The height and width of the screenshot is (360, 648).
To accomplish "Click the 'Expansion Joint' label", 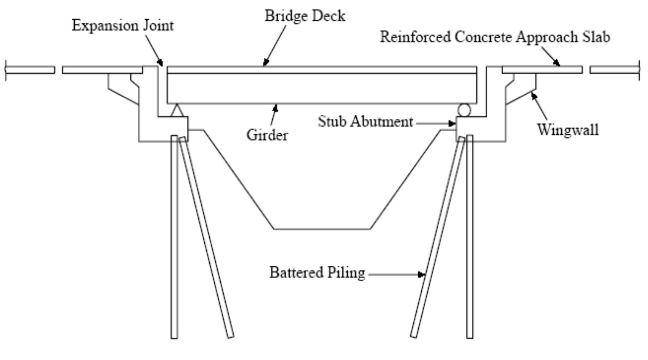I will point(123,26).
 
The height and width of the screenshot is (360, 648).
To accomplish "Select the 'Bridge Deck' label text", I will point(305,16).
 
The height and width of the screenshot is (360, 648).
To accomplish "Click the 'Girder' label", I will point(267,135).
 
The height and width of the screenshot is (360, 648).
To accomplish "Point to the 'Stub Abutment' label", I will point(365,122).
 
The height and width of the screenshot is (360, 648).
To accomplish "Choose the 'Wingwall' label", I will point(568,130).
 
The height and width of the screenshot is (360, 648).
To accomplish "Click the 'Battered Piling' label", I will point(317,272).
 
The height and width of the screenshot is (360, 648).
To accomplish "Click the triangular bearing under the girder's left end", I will point(177,111).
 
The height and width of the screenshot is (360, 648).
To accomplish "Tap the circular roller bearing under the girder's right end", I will point(464,110).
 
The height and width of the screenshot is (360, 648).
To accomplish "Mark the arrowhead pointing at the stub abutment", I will point(452,123).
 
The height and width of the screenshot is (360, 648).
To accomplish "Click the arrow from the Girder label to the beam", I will point(274,115).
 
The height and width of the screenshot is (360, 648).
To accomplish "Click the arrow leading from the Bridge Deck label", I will point(275,45).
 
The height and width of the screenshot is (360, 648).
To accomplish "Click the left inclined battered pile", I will point(206,238).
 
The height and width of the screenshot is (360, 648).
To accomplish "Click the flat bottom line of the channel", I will point(322,229).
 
